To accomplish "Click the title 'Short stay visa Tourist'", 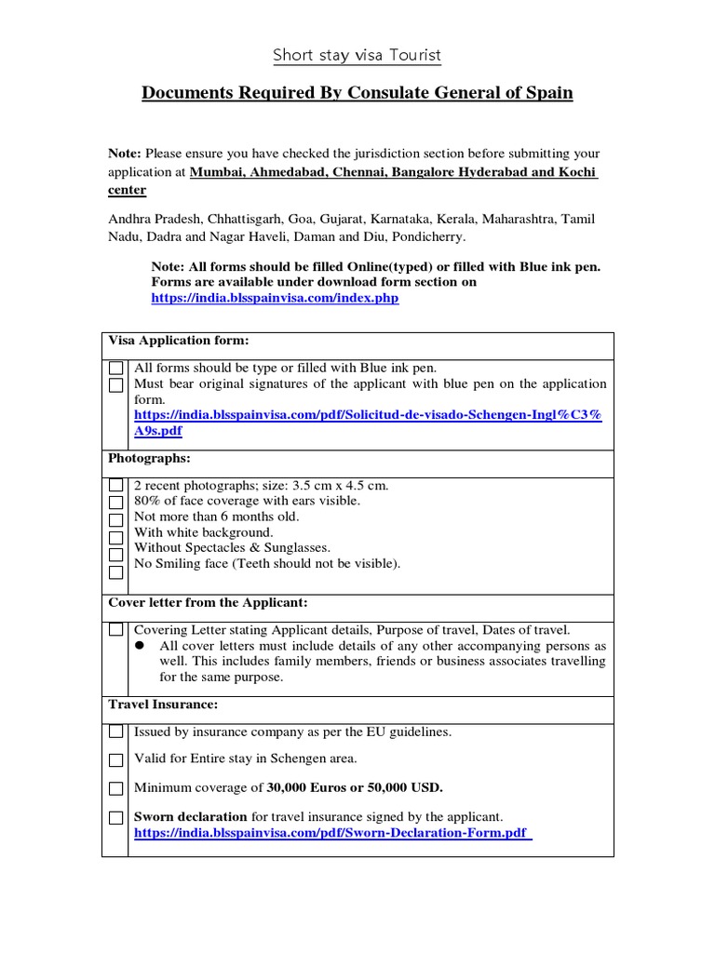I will click(x=357, y=56).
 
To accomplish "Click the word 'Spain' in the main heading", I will click(x=547, y=93).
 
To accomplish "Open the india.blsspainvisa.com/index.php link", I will click(x=275, y=299).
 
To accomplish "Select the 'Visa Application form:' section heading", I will click(x=179, y=341).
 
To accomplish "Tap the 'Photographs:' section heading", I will click(x=149, y=459).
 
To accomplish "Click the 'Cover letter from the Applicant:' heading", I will click(x=208, y=603).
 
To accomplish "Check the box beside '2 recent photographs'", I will click(x=115, y=486).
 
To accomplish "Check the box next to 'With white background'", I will click(x=115, y=538).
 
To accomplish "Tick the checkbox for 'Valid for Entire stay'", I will click(x=115, y=759).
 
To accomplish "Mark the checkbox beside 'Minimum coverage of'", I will click(x=115, y=788).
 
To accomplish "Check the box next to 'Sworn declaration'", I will click(x=115, y=818).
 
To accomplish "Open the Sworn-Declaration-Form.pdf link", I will click(x=332, y=834).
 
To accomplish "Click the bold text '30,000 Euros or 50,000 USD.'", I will click(x=355, y=787).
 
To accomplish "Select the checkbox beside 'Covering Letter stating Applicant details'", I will click(x=115, y=630).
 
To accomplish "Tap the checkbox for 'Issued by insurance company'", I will click(x=115, y=732).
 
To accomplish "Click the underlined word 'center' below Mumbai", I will click(x=127, y=190).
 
